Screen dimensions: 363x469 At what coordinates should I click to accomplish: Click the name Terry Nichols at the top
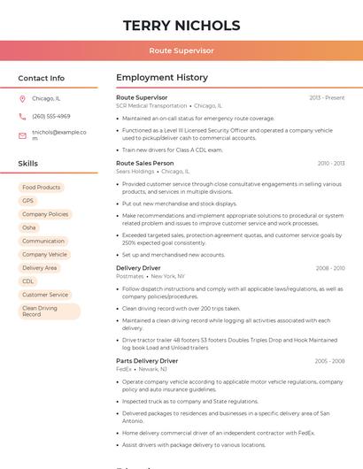coord(181,25)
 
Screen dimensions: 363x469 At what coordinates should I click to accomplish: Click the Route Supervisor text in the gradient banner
coord(181,51)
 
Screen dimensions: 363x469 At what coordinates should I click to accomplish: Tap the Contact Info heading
coord(42,78)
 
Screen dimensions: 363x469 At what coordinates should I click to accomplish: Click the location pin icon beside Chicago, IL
coord(22,99)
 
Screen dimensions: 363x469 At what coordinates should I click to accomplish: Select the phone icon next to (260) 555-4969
coord(22,117)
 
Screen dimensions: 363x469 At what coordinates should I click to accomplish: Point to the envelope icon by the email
coord(22,135)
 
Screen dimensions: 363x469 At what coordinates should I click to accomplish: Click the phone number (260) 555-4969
coord(51,117)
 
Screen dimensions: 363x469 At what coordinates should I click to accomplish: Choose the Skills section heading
coord(28,164)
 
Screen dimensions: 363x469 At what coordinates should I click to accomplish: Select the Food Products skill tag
coord(42,188)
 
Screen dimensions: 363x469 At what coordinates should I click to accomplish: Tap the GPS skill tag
coord(28,201)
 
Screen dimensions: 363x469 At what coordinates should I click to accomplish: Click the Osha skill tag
coord(29,227)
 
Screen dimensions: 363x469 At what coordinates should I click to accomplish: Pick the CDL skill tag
coord(28,281)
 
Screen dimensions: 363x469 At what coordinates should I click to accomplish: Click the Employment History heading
coord(162,78)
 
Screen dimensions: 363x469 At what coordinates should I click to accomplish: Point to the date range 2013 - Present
coord(327,97)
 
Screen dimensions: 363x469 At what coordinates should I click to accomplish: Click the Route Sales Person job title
coord(145,164)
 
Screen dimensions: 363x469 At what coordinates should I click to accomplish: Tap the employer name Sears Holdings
coord(135,172)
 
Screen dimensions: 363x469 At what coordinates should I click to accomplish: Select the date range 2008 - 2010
coord(330,268)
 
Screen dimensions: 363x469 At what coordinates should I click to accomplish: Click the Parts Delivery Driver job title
coord(147,361)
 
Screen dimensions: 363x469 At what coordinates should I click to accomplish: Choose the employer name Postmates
coord(131,276)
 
